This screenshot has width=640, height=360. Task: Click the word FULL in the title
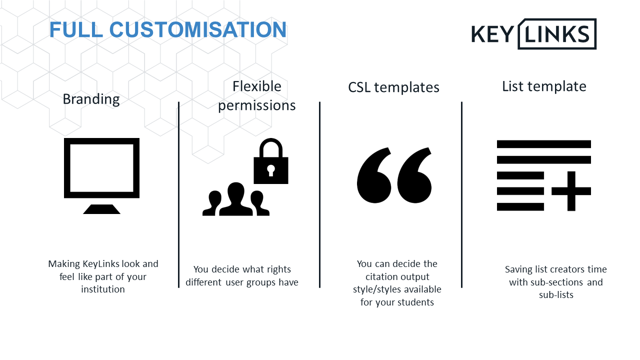pyautogui.click(x=76, y=29)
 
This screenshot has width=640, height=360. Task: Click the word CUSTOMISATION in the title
pyautogui.click(x=197, y=29)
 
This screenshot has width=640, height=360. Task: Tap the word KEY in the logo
pyautogui.click(x=493, y=34)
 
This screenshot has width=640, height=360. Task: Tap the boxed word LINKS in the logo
pyautogui.click(x=557, y=34)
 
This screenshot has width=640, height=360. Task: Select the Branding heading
pyautogui.click(x=91, y=99)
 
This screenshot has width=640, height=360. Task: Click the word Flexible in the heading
pyautogui.click(x=257, y=86)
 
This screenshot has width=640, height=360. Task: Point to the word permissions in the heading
pyautogui.click(x=257, y=105)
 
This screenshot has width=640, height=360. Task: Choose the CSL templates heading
pyautogui.click(x=393, y=87)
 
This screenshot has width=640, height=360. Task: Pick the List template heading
pyautogui.click(x=544, y=86)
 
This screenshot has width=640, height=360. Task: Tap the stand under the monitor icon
pyautogui.click(x=101, y=209)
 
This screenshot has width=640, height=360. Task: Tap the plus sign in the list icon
pyautogui.click(x=571, y=191)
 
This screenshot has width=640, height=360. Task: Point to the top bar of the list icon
pyautogui.click(x=544, y=144)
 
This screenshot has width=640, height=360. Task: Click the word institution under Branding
pyautogui.click(x=103, y=289)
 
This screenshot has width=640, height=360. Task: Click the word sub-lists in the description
pyautogui.click(x=556, y=294)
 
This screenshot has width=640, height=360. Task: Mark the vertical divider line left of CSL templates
pyautogui.click(x=319, y=194)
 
